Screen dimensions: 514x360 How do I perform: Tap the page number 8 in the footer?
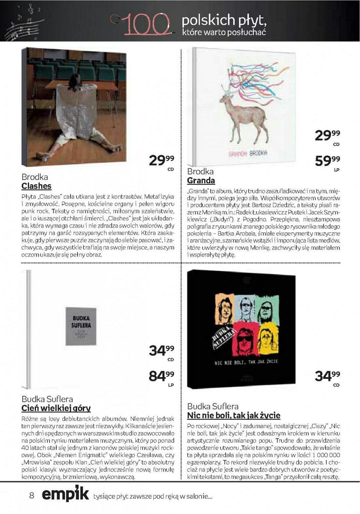32,495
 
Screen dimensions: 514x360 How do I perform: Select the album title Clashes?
36,186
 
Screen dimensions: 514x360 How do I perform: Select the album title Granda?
201,181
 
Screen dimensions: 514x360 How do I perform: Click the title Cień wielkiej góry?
56,408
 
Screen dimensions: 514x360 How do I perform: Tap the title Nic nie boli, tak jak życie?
234,416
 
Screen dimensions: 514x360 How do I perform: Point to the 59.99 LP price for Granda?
327,161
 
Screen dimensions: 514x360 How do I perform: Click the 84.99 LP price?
161,376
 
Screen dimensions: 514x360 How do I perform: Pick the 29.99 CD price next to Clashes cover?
161,160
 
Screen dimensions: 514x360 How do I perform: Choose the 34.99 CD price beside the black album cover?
327,376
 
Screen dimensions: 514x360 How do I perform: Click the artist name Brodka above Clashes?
35,177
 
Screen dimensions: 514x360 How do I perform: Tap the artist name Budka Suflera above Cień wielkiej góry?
47,399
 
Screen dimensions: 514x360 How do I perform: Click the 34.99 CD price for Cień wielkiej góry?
161,351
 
